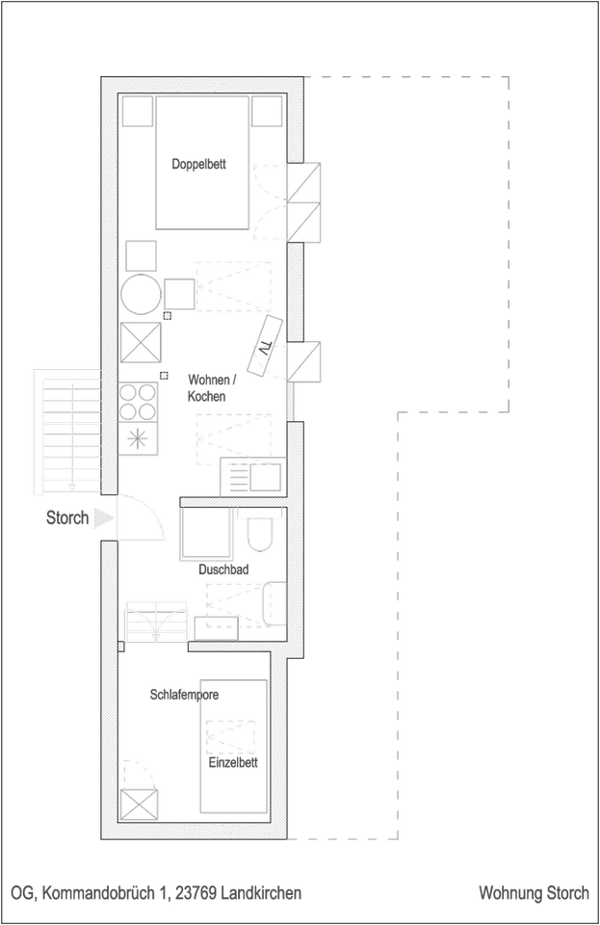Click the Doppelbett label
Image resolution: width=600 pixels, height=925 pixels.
point(199,165)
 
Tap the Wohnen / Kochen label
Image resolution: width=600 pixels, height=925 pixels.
point(206,388)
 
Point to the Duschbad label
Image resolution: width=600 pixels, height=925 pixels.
point(223,569)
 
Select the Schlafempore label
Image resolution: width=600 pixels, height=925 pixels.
point(185,694)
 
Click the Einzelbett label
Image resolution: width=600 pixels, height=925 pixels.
point(233,763)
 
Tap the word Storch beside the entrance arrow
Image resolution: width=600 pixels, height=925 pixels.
point(67,518)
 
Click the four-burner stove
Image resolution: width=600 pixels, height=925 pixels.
point(139,402)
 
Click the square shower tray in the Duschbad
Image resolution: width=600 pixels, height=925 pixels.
point(205,533)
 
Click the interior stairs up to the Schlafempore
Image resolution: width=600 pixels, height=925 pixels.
point(155,620)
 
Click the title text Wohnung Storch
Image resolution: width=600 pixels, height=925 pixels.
point(534,893)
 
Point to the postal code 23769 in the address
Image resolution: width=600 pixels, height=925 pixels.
point(195,893)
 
